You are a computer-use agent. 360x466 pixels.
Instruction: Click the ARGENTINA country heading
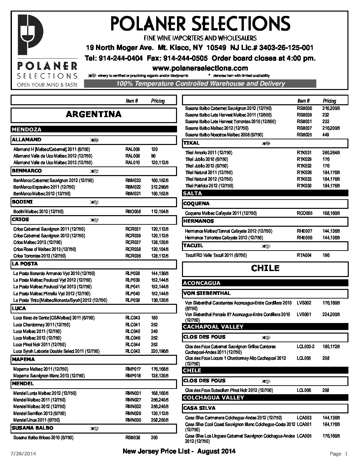tap(94, 115)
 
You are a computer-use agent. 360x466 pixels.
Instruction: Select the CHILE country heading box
tap(265, 268)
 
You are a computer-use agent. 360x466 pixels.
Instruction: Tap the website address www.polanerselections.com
tap(200, 68)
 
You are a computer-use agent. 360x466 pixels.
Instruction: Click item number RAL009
tap(133, 149)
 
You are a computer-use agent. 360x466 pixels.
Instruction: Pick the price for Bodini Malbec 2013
tap(160, 211)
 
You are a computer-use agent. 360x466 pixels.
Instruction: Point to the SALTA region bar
tap(265, 193)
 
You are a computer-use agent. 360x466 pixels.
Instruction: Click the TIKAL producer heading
tap(192, 143)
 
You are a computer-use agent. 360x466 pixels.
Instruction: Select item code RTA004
tap(304, 255)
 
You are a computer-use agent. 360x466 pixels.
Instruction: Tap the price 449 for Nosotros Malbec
tap(326, 135)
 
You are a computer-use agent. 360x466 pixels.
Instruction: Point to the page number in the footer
tap(339, 453)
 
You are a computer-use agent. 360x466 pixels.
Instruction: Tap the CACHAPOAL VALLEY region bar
tap(265, 327)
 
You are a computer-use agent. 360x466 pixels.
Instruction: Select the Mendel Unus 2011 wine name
tap(36, 420)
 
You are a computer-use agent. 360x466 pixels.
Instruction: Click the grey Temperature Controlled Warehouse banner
tap(200, 84)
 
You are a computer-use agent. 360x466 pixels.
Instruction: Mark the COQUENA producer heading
tap(196, 204)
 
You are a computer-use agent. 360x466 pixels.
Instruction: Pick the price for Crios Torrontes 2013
tap(160, 256)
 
